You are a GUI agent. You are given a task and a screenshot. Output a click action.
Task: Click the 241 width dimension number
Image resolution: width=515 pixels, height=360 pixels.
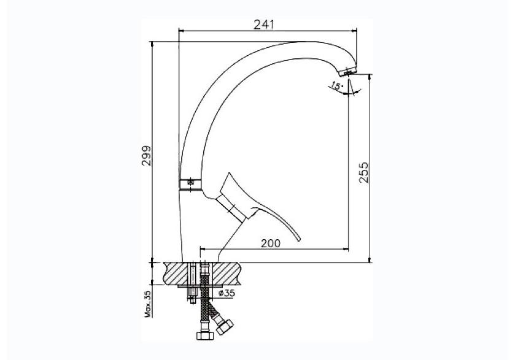click(x=263, y=25)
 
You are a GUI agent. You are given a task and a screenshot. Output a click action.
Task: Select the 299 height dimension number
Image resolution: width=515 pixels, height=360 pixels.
click(x=147, y=156)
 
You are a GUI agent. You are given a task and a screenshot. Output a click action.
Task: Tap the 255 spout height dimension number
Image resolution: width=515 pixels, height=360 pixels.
click(x=363, y=172)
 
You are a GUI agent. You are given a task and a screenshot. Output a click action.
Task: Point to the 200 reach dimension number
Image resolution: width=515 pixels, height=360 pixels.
click(x=271, y=243)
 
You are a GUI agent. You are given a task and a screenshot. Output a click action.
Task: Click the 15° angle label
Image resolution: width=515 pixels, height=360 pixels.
click(x=336, y=86)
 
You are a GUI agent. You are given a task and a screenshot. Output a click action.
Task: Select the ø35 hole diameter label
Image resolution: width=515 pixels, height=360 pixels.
click(x=227, y=293)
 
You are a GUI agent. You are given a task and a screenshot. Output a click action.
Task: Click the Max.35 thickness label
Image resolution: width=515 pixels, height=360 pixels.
click(x=147, y=304)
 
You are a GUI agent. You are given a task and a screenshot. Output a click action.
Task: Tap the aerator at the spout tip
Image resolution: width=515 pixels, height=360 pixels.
click(x=348, y=71)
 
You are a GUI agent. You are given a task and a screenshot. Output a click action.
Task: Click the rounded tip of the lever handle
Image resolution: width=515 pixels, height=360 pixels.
click(x=298, y=239)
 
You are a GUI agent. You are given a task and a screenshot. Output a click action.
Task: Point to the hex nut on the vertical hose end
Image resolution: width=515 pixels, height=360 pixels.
click(x=204, y=335)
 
